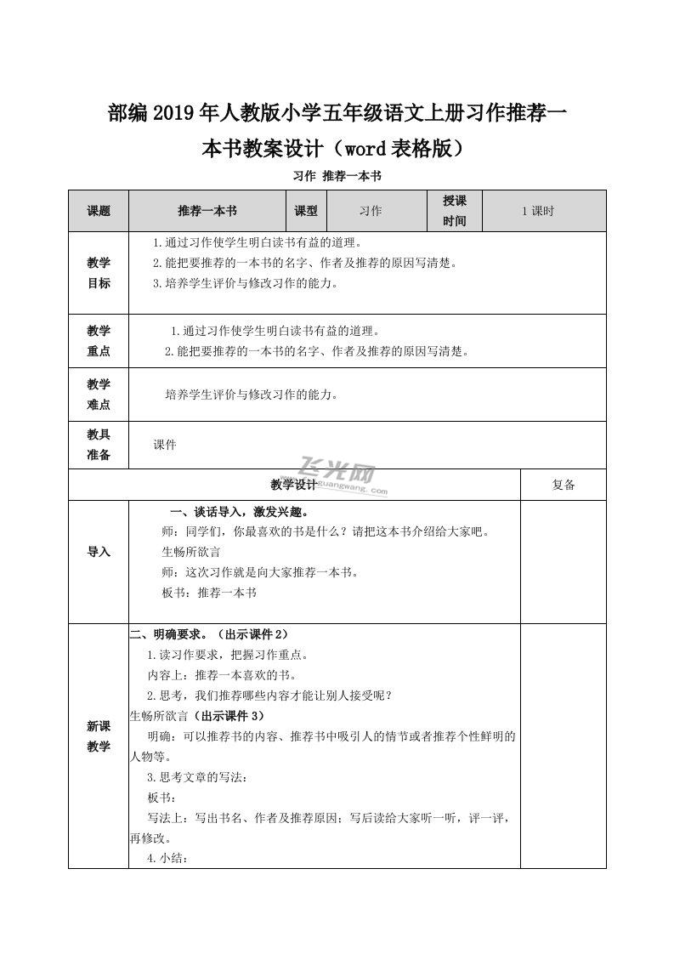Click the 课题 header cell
click(99, 211)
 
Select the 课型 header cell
click(306, 211)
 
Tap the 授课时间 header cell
click(455, 211)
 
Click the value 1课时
click(537, 211)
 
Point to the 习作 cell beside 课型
click(370, 211)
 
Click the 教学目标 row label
click(99, 273)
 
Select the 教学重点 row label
click(99, 340)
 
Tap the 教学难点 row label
click(99, 395)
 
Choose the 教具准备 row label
click(99, 445)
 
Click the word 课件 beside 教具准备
click(165, 445)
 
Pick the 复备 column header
click(563, 485)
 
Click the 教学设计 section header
click(293, 485)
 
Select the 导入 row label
click(99, 552)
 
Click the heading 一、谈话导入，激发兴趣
click(239, 512)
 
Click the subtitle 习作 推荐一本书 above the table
click(337, 176)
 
